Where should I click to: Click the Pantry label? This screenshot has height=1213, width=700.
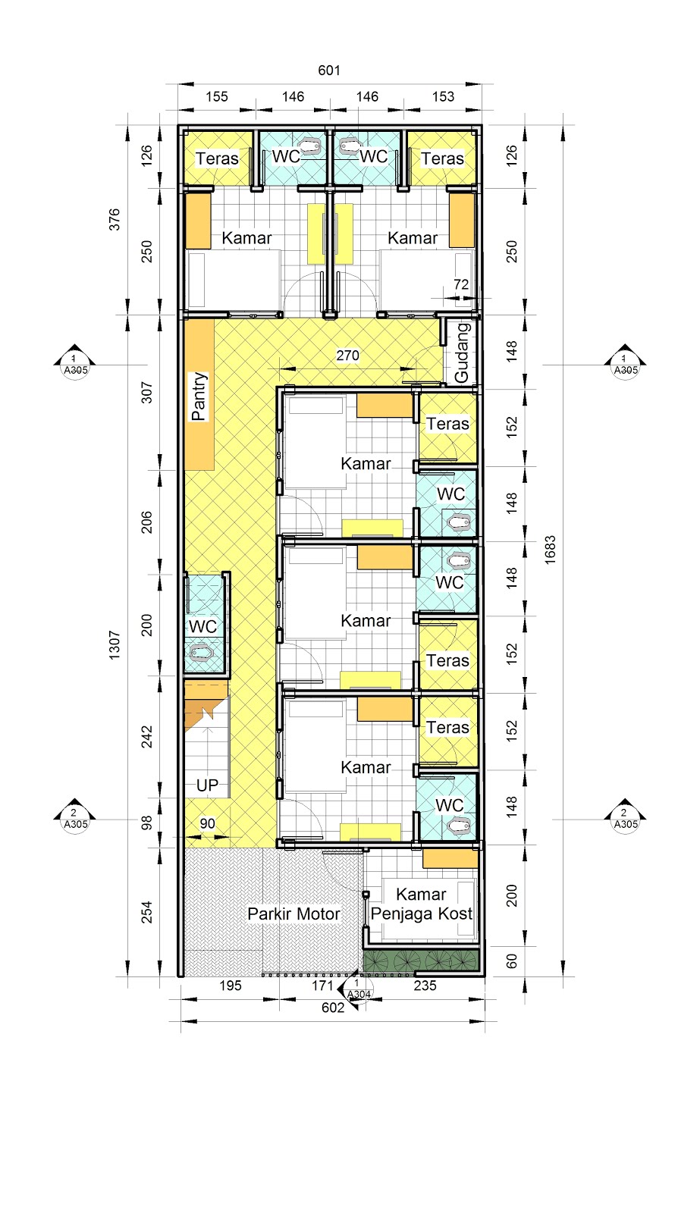199,396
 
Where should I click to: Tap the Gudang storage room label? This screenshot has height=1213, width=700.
462,353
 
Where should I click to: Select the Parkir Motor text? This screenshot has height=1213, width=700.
293,914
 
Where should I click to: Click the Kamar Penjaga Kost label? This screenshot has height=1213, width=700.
422,904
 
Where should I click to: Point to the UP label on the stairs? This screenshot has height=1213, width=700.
207,785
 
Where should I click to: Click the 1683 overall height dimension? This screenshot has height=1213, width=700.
551,550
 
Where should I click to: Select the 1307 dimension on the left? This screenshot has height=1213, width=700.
115,644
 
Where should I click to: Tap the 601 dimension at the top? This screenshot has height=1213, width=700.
329,71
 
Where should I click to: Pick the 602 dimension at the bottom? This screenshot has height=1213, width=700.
333,1008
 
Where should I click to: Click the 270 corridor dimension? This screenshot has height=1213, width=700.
347,356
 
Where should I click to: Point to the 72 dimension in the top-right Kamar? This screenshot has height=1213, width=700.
461,284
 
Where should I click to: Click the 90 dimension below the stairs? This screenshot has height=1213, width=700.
208,823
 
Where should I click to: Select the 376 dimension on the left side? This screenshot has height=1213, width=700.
115,219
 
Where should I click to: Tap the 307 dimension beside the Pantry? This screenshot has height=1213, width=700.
147,393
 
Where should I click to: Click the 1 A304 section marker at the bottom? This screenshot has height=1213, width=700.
356,989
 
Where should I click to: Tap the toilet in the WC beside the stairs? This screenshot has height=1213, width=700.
200,652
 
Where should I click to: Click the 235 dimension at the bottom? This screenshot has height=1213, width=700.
425,986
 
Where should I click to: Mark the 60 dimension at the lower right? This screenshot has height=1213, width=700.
511,961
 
